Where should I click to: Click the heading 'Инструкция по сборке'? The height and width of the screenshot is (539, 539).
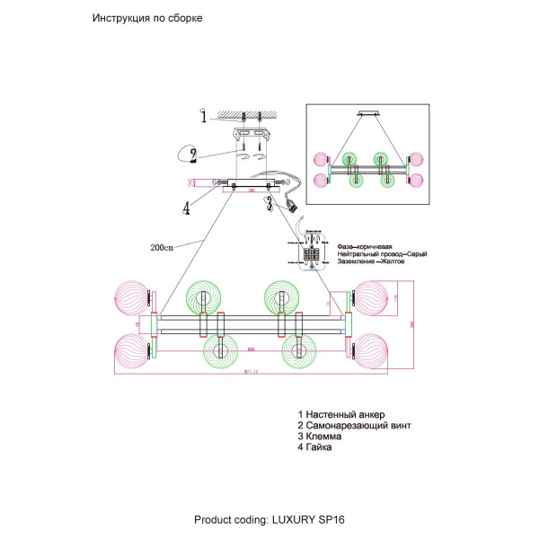click(143, 19)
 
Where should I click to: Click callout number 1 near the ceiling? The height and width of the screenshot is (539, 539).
click(203, 116)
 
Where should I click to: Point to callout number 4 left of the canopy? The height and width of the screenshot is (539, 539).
click(186, 208)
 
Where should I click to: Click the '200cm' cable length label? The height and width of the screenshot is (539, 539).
click(163, 247)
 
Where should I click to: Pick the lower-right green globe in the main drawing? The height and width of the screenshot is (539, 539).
click(296, 349)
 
